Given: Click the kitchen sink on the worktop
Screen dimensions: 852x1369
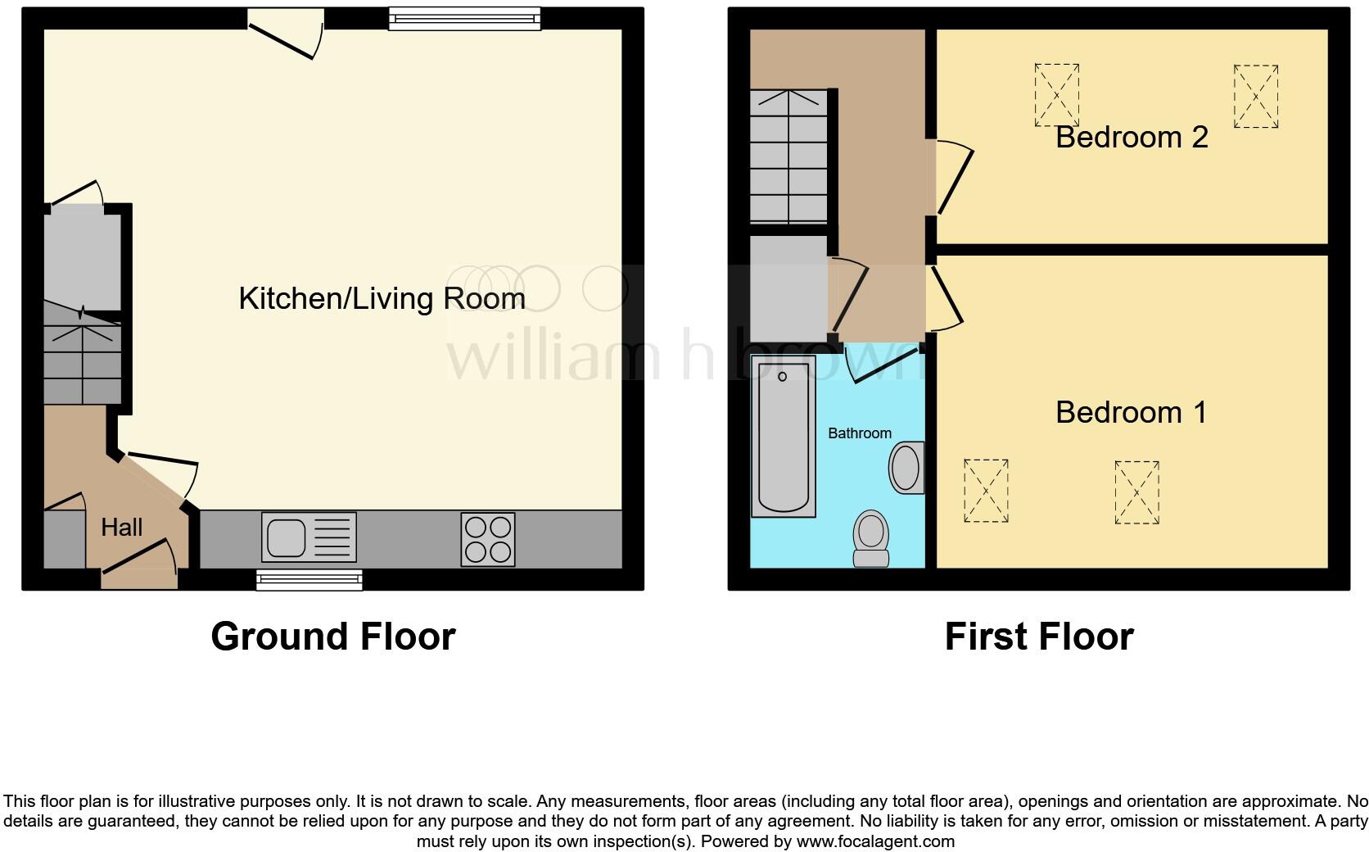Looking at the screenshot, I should point(309,537).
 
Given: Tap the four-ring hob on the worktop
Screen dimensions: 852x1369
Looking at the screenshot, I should point(488,538).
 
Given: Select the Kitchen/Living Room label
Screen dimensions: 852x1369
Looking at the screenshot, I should point(382,298).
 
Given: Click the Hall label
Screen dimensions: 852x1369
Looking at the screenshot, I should point(121,527).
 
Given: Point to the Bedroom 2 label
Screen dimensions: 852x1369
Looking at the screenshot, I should point(1131,137).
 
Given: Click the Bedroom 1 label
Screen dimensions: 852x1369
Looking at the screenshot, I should point(1131,412).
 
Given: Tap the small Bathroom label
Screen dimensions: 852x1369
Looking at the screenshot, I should point(859,433).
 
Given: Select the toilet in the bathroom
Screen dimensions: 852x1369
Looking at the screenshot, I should point(871,539).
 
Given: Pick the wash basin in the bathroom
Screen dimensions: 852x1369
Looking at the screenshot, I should point(906,468).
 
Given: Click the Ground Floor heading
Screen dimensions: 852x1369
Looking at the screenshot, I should point(332,637).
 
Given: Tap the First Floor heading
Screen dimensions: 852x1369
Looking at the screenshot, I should point(1038,637).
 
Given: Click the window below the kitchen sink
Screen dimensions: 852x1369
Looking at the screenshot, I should point(309,580).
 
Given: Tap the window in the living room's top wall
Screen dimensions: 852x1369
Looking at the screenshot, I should point(464,18).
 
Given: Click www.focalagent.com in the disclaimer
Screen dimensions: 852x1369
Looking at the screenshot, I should point(875,841).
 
